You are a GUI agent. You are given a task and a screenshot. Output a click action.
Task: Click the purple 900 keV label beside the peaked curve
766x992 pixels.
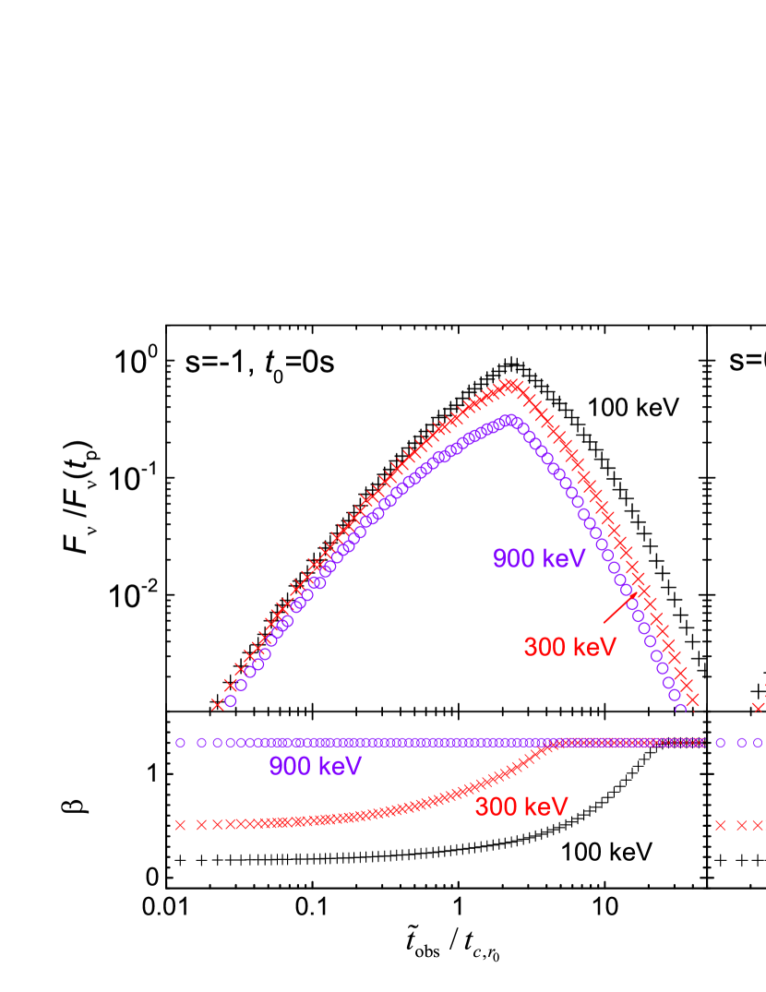(x=539, y=559)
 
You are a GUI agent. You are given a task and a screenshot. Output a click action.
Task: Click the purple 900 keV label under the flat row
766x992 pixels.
(x=315, y=767)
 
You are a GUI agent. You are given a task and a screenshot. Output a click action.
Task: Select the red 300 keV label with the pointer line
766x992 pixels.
(x=569, y=647)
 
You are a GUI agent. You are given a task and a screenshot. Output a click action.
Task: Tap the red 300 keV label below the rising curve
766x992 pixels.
(x=521, y=807)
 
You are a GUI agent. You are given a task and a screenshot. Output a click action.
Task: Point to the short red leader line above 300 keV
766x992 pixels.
(x=619, y=608)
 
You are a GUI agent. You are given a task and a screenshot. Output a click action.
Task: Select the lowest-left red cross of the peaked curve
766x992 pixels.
(x=218, y=704)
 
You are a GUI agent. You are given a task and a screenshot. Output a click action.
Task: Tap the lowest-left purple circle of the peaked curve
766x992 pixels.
(x=231, y=701)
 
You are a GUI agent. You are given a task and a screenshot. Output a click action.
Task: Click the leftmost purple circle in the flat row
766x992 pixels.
(x=180, y=742)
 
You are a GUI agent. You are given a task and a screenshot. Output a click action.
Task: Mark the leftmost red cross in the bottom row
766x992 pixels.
(x=180, y=824)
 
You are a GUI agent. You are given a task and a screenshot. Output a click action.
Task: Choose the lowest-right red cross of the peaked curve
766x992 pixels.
(x=692, y=699)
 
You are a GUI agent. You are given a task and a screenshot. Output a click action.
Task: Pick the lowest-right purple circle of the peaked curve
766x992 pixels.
(x=681, y=708)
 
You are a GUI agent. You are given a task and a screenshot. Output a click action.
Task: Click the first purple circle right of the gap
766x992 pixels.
(x=720, y=742)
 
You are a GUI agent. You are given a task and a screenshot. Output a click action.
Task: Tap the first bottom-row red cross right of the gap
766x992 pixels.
(x=720, y=824)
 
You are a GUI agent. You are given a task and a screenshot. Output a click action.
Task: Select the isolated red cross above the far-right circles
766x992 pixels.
(x=758, y=707)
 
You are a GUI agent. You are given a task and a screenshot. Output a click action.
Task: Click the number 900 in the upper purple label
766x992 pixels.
(x=513, y=559)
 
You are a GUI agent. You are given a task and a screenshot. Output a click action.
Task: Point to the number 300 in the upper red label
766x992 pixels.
(x=544, y=647)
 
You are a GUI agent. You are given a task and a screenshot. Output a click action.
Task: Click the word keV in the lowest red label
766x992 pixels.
(x=547, y=807)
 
